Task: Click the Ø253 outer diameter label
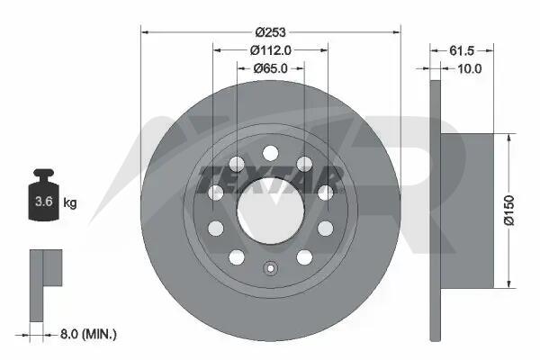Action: coord(270,32)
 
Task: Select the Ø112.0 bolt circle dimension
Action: coord(270,50)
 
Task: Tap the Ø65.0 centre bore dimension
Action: coord(270,68)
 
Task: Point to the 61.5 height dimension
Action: coord(462,50)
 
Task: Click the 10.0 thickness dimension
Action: coord(470,69)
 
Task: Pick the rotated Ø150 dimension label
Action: coord(509,211)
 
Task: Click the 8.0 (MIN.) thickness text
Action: coord(88,334)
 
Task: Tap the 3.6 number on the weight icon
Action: coord(44,202)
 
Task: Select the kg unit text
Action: coord(70,202)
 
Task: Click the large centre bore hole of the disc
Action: coord(271,211)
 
